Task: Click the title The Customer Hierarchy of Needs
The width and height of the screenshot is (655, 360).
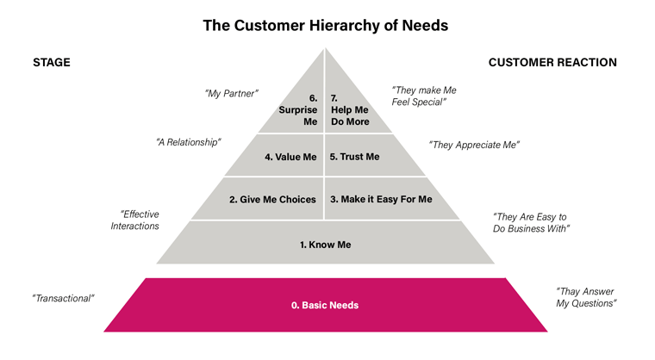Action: point(325,25)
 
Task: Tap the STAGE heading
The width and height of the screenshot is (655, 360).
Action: point(51,63)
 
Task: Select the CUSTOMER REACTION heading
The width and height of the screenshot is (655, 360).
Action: point(552,63)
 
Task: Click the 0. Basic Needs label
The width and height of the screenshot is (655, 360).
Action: point(324,305)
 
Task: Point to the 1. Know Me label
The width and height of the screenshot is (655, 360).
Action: point(325,245)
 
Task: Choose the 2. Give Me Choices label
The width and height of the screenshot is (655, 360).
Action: point(272,199)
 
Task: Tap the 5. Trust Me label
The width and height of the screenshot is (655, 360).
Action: point(353,157)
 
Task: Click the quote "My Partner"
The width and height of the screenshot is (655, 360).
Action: point(232,93)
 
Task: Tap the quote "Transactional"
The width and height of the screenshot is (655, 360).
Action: point(63,298)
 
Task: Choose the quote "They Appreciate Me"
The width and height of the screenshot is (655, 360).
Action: point(474,145)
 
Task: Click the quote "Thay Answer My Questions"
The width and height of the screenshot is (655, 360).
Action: point(585,297)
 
